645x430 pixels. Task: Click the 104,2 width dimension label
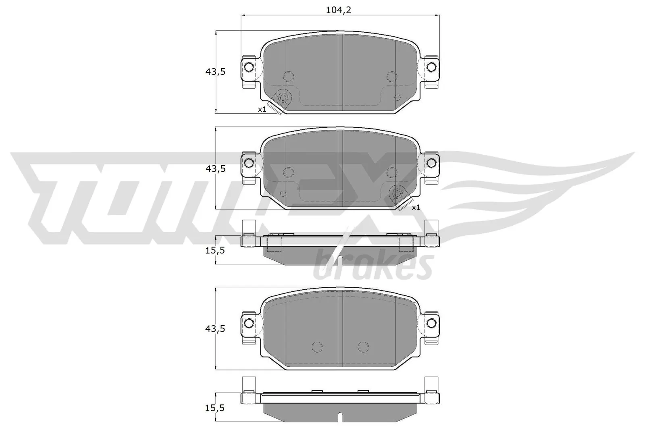(339, 10)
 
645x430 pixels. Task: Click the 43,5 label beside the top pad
(215, 72)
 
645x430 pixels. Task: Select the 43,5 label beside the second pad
(215, 168)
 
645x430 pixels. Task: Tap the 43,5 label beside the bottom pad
(215, 329)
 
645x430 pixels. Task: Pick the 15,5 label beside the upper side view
(215, 250)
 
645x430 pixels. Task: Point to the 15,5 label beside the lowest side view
(215, 408)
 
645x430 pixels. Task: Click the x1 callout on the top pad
(262, 109)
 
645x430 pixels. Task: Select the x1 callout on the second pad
(416, 208)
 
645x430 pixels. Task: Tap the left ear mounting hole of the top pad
(249, 66)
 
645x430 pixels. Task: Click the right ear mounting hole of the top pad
(432, 66)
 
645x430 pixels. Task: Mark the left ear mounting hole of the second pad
(249, 163)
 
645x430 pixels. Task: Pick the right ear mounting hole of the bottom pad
(432, 323)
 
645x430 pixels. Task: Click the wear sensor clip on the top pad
(282, 99)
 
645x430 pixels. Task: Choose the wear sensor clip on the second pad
(398, 195)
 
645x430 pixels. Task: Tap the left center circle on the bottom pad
(318, 347)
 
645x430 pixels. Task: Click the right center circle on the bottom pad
(363, 347)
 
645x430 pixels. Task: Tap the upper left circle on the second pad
(288, 172)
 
